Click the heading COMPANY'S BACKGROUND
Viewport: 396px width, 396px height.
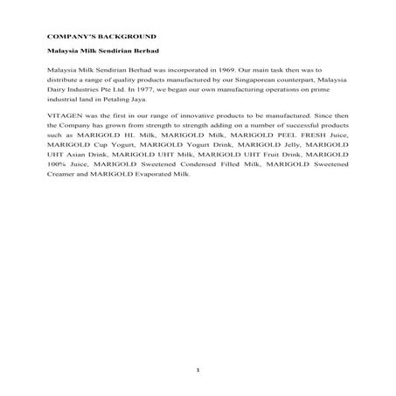(101, 37)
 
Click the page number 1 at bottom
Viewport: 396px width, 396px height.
(198, 372)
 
